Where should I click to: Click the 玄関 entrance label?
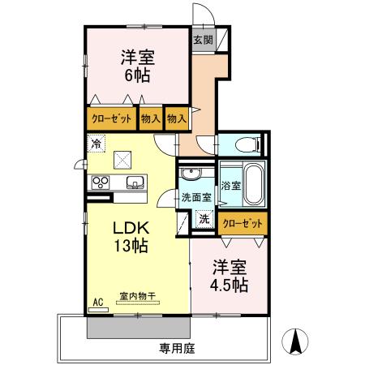tap(204, 41)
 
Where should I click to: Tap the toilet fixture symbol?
tap(247, 144)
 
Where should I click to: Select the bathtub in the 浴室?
tap(254, 184)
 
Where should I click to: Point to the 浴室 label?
tap(231, 186)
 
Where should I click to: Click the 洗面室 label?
tap(196, 197)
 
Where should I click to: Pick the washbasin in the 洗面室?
tap(191, 173)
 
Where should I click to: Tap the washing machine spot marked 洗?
tap(204, 219)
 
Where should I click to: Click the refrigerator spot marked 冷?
tap(96, 144)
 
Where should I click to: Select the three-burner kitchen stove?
tap(101, 182)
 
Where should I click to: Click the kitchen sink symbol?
tap(135, 182)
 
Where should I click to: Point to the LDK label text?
tap(131, 228)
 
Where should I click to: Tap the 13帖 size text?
tap(131, 246)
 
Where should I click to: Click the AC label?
tap(98, 303)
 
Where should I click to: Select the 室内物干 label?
tap(138, 296)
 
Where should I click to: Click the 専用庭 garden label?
tap(177, 349)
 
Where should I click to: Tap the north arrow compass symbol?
tap(295, 341)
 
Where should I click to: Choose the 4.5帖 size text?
tap(230, 285)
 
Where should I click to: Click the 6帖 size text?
tap(137, 75)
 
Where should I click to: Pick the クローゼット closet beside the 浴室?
tap(243, 224)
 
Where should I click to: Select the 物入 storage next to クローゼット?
tap(151, 118)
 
